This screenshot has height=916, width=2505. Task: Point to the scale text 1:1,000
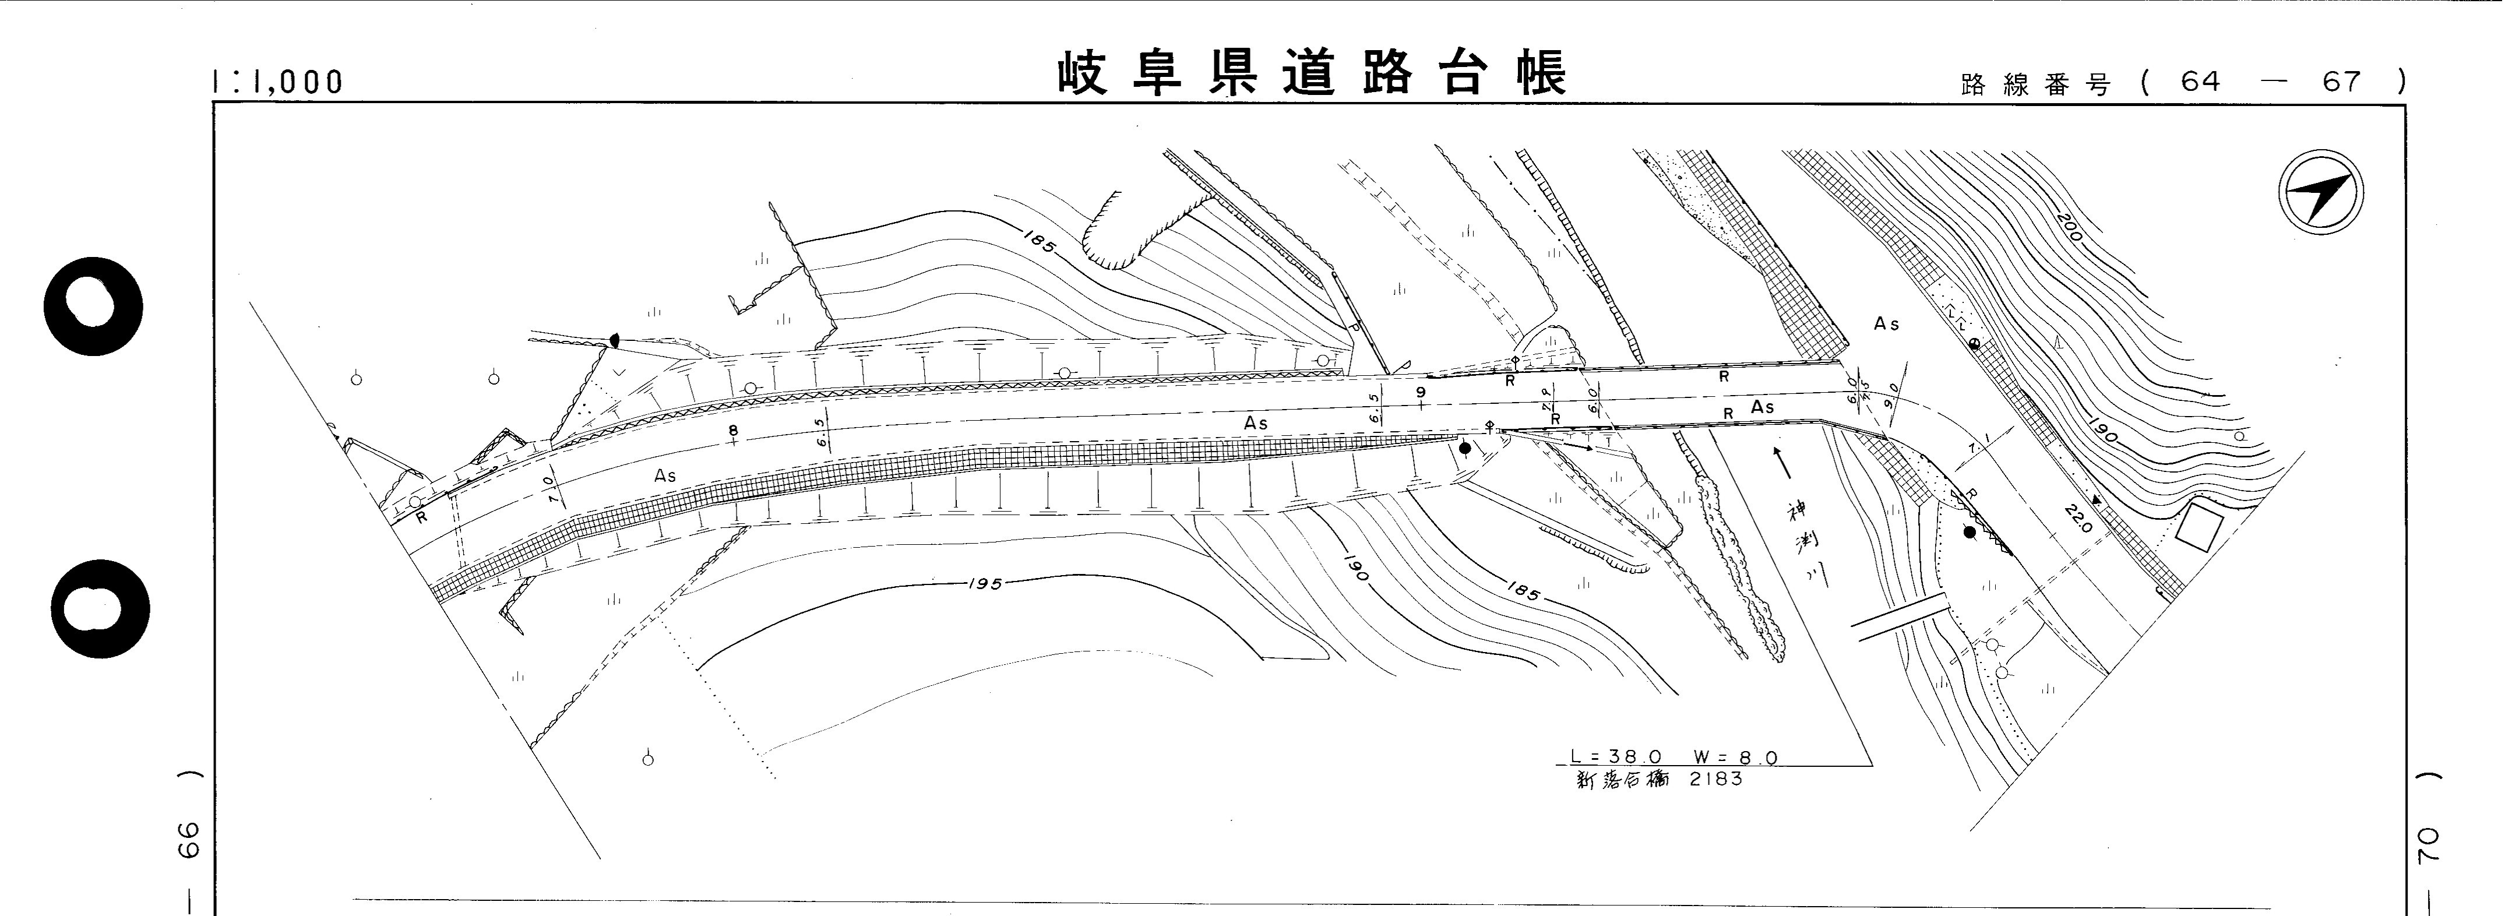[278, 82]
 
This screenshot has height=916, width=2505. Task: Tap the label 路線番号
[2035, 84]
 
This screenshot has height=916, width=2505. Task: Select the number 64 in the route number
[2201, 82]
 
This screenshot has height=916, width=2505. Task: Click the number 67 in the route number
[2342, 82]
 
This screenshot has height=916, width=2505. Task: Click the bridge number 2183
[1717, 779]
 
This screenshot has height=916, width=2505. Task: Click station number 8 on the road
[733, 430]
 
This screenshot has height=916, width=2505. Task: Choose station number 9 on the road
[1421, 392]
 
